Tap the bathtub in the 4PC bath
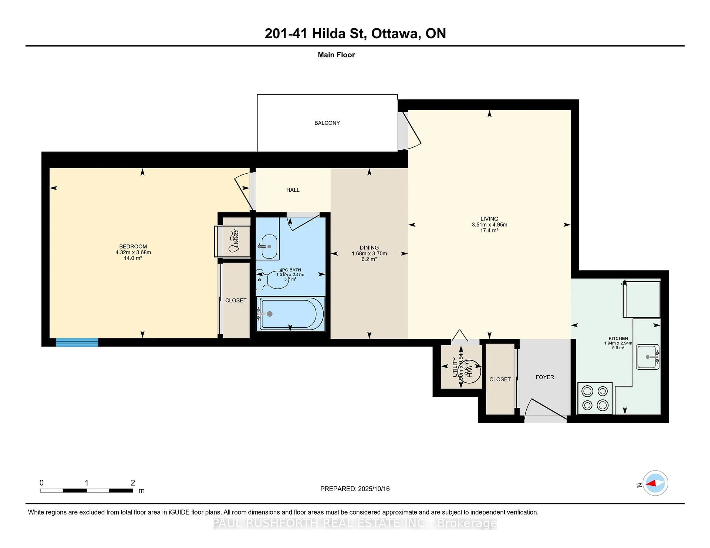290,314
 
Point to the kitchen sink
647,357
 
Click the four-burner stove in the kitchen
595,398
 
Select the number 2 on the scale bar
133,483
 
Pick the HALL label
293,190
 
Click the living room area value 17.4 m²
489,230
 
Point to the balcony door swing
411,131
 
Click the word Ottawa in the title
395,33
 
